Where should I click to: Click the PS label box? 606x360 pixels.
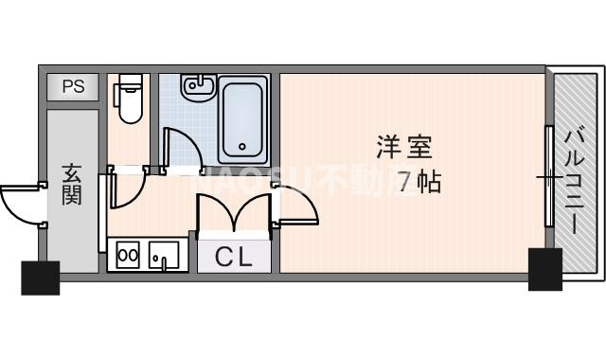coord(73,87)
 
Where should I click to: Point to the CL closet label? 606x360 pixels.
coord(233,256)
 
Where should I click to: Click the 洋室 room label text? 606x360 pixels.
coord(404,148)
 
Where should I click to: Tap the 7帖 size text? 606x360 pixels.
coord(419,181)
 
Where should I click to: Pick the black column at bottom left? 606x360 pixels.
coord(40,276)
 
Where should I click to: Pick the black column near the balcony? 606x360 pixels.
coord(545,269)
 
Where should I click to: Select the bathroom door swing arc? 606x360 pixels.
coord(182,147)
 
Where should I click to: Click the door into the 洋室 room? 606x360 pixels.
coord(295,205)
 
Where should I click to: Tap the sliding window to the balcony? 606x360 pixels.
coord(548,176)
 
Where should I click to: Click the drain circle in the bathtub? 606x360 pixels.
coord(243,147)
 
